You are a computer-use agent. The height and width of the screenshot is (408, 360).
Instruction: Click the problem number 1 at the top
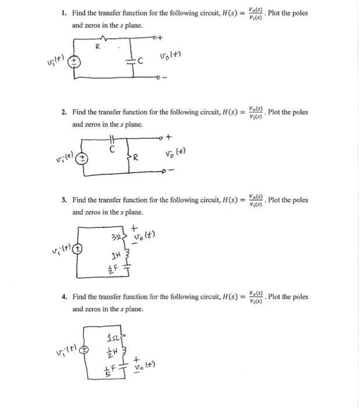(64, 13)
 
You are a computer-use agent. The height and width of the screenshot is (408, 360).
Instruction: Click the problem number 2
(64, 112)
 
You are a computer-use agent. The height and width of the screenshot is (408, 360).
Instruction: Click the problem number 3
(64, 200)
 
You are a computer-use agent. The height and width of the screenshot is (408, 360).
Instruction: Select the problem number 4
(64, 296)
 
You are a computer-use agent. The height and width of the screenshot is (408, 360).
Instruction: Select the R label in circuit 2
(136, 157)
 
